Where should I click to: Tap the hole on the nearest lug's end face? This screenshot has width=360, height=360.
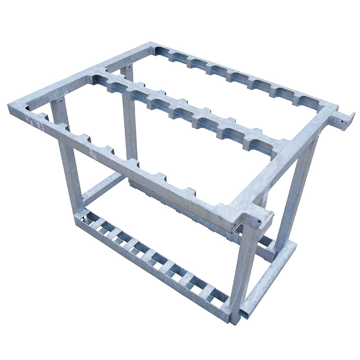click(260, 222)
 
